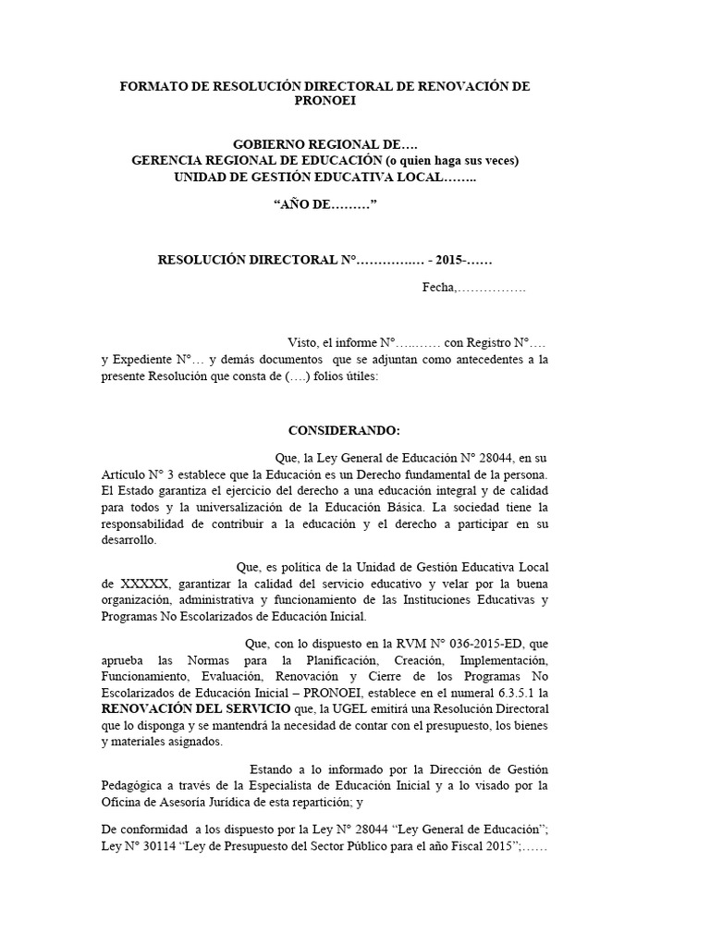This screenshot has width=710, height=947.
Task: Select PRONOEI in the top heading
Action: (x=324, y=101)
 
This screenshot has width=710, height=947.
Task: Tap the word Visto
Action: (x=305, y=342)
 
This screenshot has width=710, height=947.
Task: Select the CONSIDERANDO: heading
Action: (x=345, y=431)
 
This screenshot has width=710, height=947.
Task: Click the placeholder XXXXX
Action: (x=144, y=584)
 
